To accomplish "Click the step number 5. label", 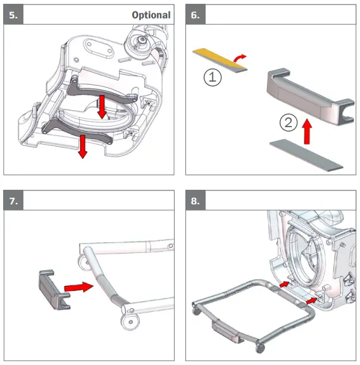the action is click(13, 15).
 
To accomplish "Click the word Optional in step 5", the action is click(151, 15).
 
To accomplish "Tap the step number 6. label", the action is click(195, 15).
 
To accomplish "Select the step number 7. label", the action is click(13, 201).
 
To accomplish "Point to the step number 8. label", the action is click(195, 201).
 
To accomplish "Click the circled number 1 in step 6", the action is click(213, 77).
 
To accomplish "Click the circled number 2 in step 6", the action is click(289, 123).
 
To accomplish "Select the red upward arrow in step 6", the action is click(307, 132).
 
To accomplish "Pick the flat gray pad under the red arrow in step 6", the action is click(306, 155).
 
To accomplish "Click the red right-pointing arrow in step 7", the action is click(78, 287).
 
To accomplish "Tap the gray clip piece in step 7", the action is click(54, 290).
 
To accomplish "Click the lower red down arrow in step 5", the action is click(82, 147).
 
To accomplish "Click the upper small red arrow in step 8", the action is click(284, 284).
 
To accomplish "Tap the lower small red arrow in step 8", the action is click(311, 300).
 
